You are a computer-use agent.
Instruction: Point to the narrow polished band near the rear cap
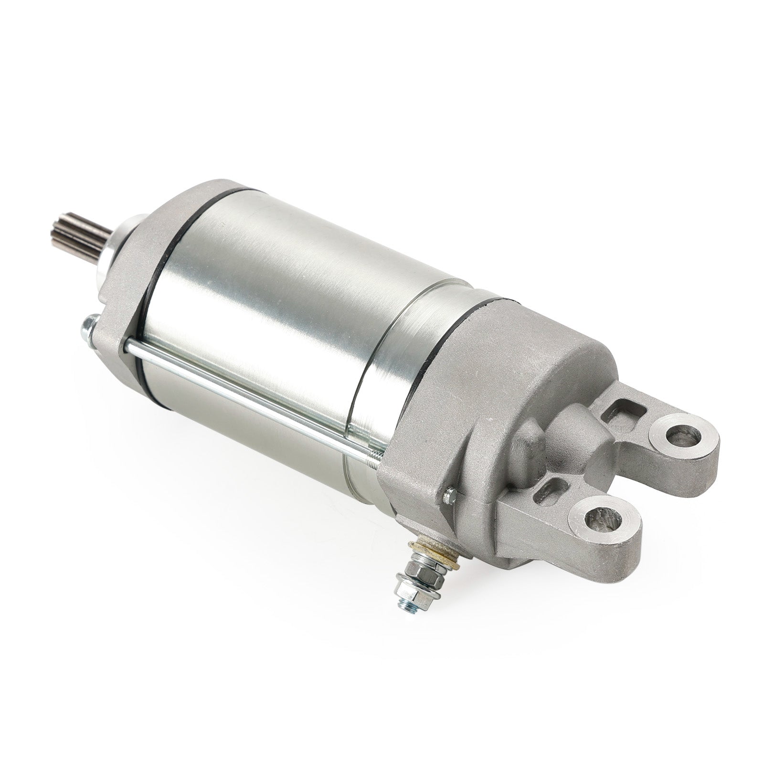(x=377, y=377)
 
